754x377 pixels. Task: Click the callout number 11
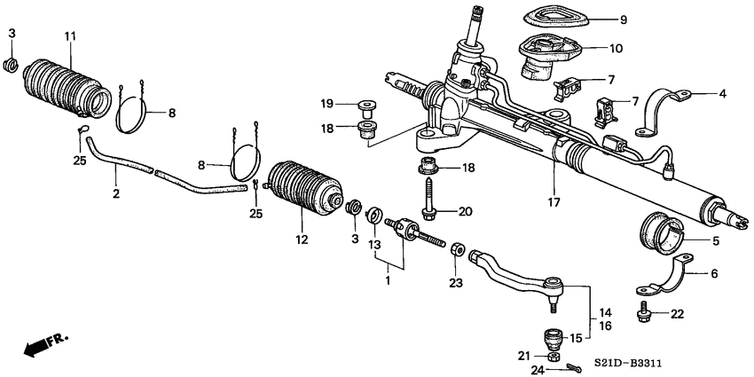point(70,35)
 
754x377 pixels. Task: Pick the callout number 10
point(615,48)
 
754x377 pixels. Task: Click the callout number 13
point(373,242)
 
